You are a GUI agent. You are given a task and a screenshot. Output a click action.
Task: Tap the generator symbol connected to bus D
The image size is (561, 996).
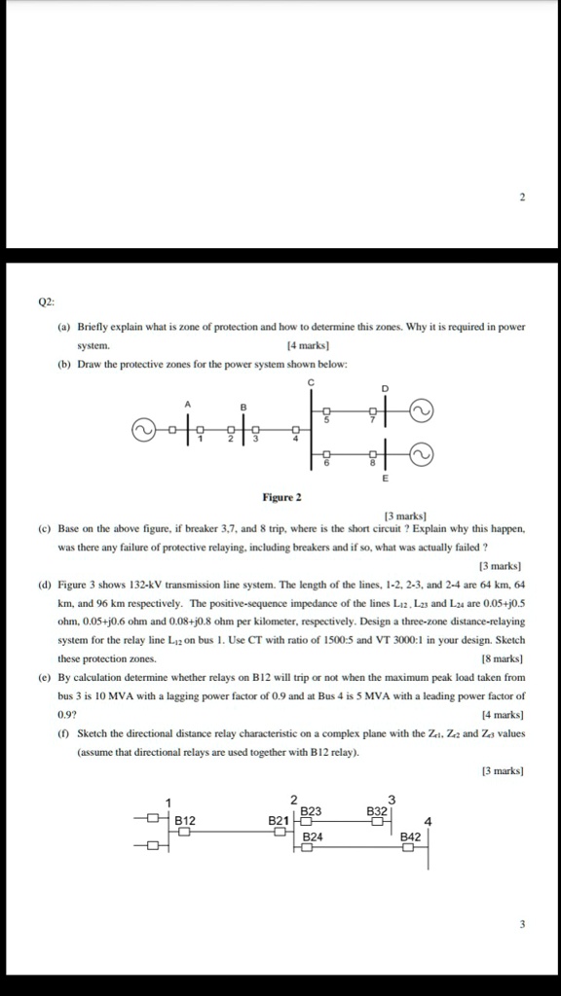point(421,412)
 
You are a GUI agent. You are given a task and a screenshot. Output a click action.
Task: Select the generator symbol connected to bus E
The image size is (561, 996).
point(421,453)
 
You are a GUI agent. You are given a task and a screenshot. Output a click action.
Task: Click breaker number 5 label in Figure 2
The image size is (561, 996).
point(327,421)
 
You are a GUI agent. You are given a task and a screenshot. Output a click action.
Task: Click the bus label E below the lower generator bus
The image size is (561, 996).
point(385,480)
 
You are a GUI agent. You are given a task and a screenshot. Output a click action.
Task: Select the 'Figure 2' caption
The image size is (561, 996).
point(281,497)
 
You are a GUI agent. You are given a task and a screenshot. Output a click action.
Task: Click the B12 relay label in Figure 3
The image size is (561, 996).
point(185,820)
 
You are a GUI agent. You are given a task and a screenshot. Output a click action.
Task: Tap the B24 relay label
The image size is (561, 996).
point(312,836)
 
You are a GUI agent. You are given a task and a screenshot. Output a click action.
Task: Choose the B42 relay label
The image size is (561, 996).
point(410,836)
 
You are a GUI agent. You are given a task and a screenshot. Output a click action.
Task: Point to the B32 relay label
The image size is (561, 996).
point(377,810)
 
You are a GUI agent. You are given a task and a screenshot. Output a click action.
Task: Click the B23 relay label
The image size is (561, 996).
point(312,810)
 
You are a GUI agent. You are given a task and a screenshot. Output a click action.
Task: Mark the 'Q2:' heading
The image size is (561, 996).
point(47,302)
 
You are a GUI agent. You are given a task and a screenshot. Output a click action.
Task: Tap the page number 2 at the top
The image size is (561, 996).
point(522,197)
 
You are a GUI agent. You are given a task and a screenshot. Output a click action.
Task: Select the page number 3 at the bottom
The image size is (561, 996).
point(522,925)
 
